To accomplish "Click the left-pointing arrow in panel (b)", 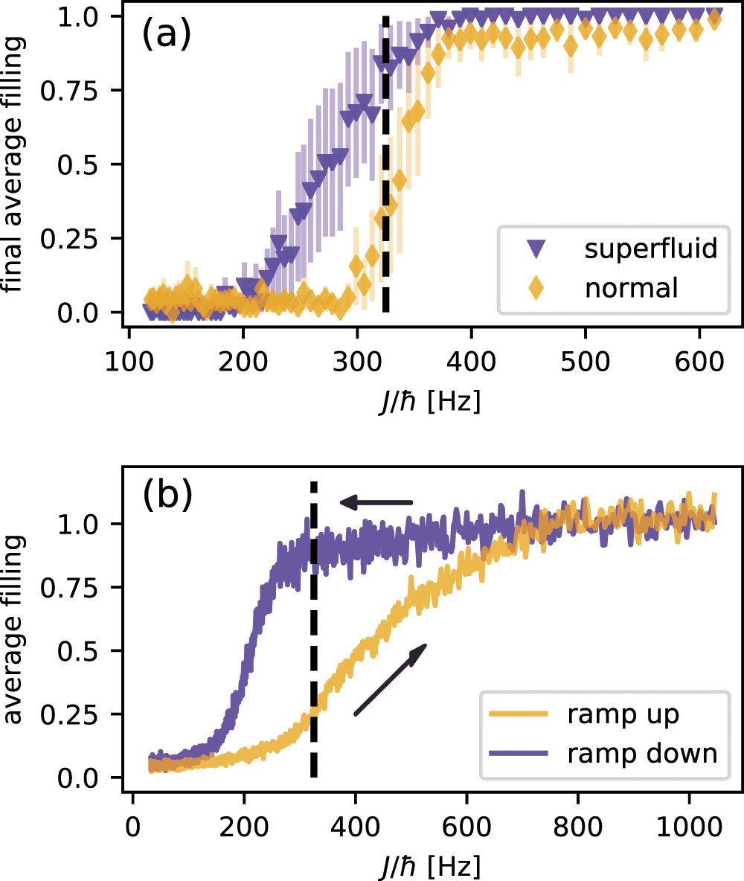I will coord(376,503).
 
